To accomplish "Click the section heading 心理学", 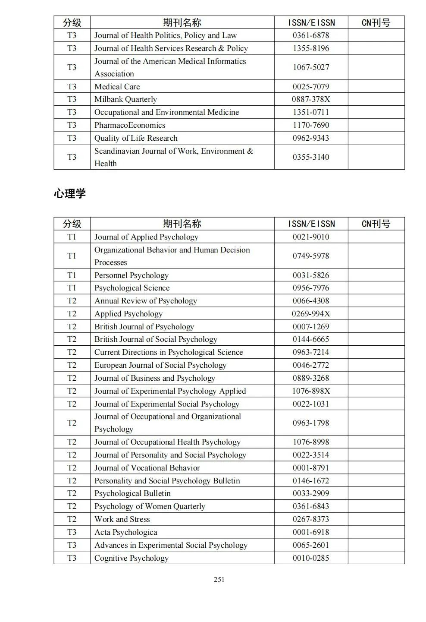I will [70, 193].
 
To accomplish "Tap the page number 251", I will [219, 579].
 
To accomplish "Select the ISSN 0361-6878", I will [310, 35].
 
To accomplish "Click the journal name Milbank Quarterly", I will [125, 99].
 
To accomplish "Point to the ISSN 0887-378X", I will [310, 99].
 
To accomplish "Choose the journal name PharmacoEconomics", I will [130, 125].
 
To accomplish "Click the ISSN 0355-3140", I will [310, 157].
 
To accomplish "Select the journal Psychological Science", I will [132, 288].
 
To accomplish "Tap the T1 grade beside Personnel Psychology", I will [72, 275].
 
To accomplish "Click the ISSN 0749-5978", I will [310, 256].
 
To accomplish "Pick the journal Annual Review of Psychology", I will [146, 301].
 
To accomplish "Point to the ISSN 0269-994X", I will [310, 314].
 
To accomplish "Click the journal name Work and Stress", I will [122, 519].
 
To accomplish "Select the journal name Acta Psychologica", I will [126, 532].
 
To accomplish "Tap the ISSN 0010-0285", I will [310, 558].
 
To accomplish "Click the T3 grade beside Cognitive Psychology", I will [72, 558].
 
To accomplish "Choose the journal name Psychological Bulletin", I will [132, 493].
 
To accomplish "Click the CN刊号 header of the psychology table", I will [376, 224].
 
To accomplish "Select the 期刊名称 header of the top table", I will [182, 22].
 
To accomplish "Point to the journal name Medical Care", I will [117, 87].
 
